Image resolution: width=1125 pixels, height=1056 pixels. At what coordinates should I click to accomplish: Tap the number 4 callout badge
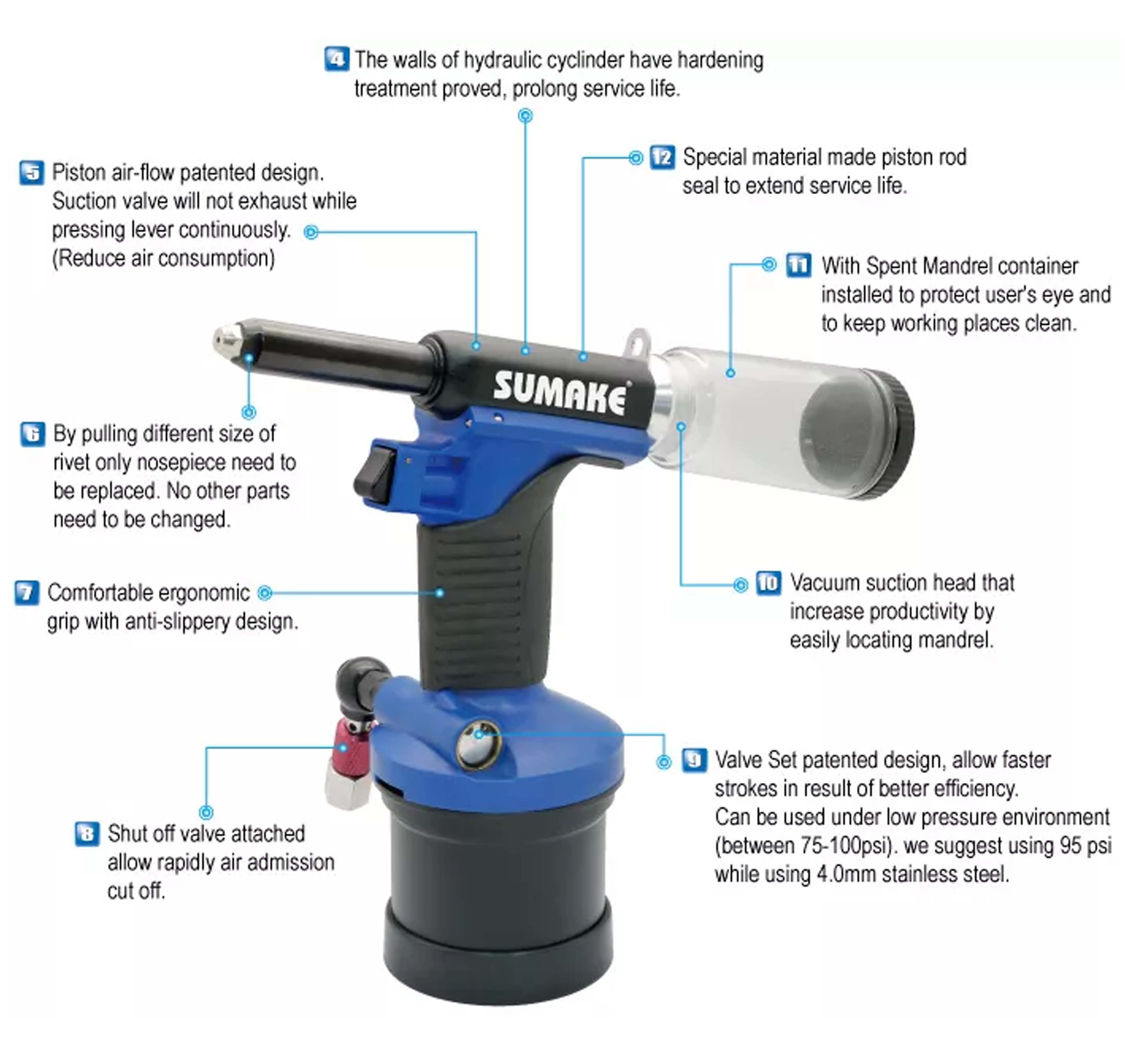pyautogui.click(x=337, y=59)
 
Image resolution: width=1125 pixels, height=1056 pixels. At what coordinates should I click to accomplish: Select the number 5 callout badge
pyautogui.click(x=32, y=172)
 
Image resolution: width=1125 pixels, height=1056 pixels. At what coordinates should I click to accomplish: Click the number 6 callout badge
pyautogui.click(x=33, y=434)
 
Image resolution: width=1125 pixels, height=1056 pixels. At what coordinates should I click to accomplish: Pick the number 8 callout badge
pyautogui.click(x=87, y=834)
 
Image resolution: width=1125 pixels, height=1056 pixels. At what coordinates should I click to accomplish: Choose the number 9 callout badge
pyautogui.click(x=694, y=760)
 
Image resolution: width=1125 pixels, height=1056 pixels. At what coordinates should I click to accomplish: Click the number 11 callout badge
pyautogui.click(x=799, y=265)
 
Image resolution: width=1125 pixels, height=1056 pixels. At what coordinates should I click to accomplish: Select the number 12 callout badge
pyautogui.click(x=662, y=157)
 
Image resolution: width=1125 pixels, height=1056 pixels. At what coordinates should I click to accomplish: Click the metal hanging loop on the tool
pyautogui.click(x=638, y=342)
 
